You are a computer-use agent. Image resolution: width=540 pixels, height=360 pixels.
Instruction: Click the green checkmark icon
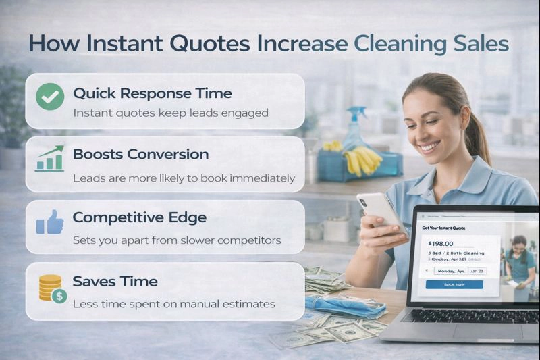pyautogui.click(x=49, y=97)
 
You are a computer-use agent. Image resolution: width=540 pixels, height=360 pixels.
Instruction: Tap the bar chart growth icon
pyautogui.click(x=49, y=159)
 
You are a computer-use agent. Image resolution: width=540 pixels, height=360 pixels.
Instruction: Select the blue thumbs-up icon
pyautogui.click(x=49, y=222)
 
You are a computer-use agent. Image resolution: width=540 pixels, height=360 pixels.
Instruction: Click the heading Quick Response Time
pyautogui.click(x=152, y=93)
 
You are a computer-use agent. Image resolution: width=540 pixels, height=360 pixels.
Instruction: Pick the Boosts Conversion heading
pyautogui.click(x=140, y=154)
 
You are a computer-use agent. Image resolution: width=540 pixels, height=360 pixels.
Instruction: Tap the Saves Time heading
pyautogui.click(x=115, y=281)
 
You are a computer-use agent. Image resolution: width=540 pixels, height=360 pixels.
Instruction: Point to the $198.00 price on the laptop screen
pyautogui.click(x=441, y=243)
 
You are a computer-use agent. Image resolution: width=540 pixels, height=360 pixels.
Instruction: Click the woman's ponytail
pyautogui.click(x=477, y=135)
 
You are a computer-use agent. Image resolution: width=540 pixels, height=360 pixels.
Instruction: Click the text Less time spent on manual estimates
pyautogui.click(x=173, y=304)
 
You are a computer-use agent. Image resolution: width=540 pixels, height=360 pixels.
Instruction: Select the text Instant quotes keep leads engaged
pyautogui.click(x=170, y=113)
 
